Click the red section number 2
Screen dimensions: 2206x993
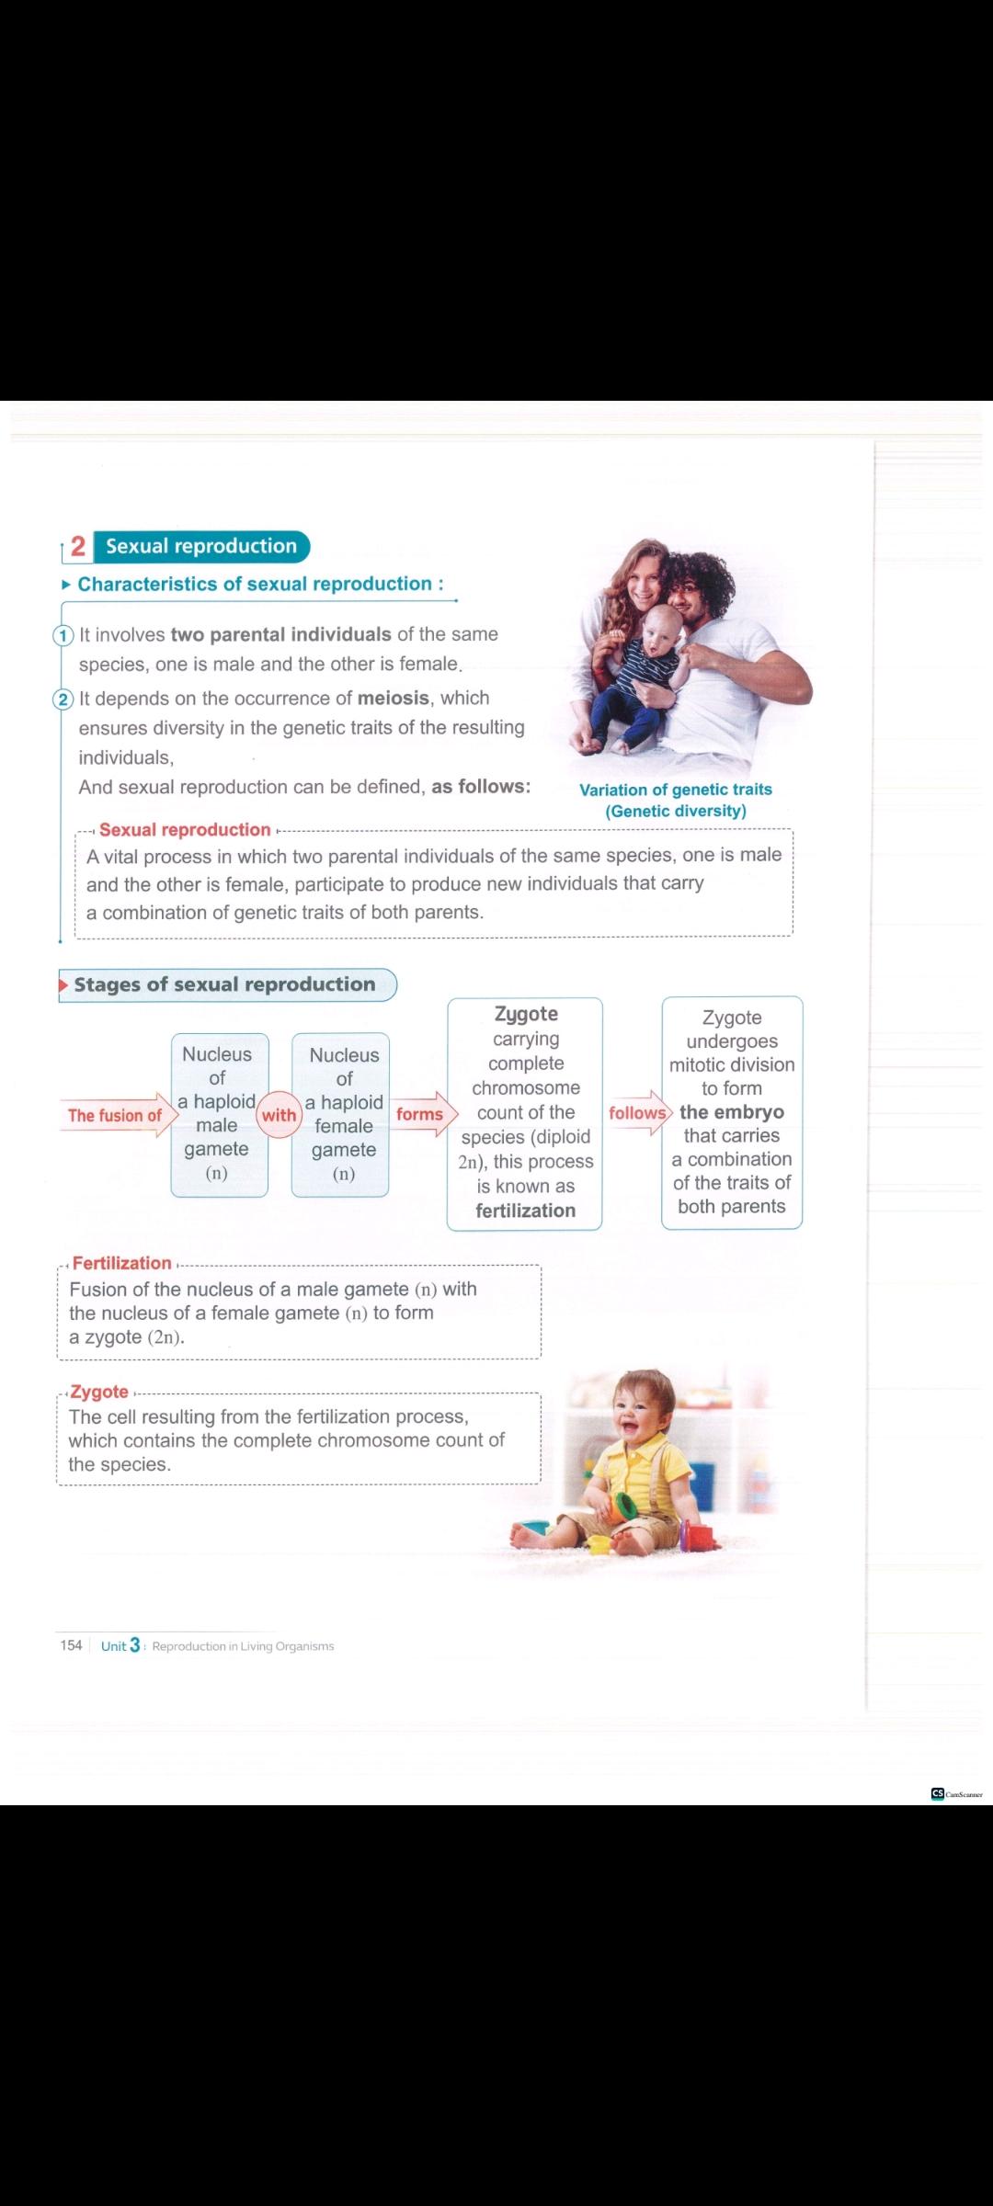[x=78, y=547]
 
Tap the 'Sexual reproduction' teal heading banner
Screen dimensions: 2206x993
[x=201, y=547]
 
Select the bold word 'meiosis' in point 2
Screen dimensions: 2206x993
[x=393, y=698]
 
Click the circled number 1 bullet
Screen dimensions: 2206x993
[x=63, y=635]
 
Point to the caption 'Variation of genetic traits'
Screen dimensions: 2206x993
[x=675, y=790]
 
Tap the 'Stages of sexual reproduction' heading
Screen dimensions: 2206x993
[x=225, y=984]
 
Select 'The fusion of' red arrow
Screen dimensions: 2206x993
[x=116, y=1115]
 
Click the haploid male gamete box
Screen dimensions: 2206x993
[x=218, y=1114]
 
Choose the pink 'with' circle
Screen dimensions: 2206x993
[x=279, y=1115]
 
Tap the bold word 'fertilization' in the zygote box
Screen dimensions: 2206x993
[x=525, y=1211]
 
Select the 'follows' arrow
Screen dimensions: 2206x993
[x=639, y=1113]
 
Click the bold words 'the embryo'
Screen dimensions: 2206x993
[x=732, y=1112]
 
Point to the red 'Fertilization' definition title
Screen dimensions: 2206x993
[x=121, y=1263]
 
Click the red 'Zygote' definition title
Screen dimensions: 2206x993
[x=99, y=1392]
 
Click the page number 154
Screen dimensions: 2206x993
[x=71, y=1645]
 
